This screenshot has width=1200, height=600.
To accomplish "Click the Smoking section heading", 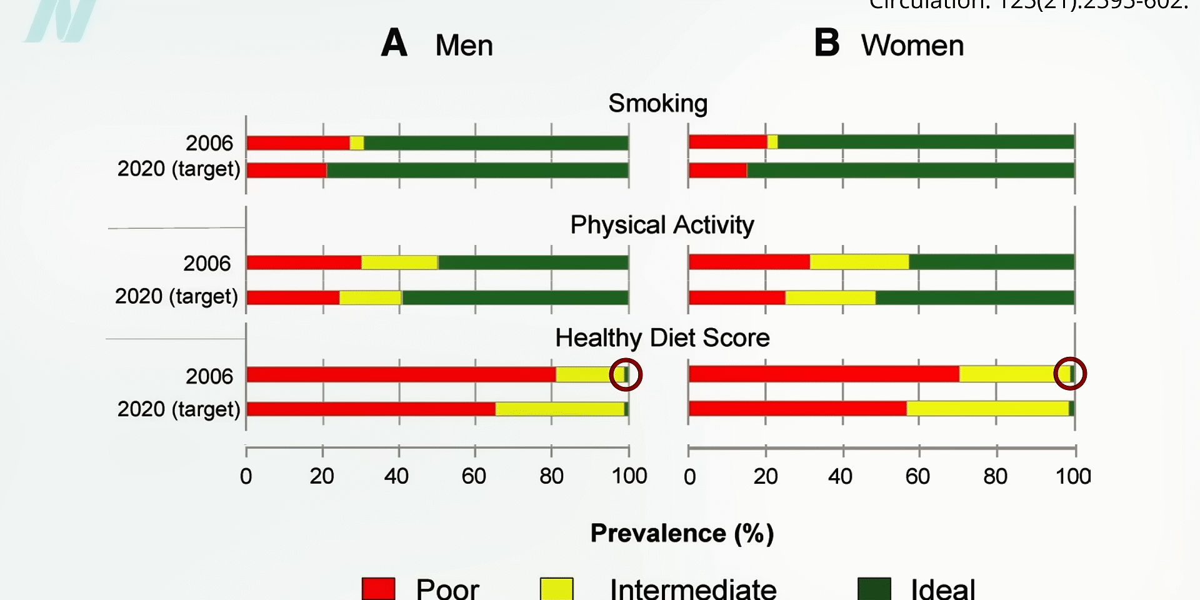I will (657, 103).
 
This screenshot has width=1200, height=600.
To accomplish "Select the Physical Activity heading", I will (662, 225).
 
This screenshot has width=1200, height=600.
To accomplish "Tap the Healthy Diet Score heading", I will (662, 338).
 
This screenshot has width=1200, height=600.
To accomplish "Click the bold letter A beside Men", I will (394, 44).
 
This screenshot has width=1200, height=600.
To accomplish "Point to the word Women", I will (912, 46).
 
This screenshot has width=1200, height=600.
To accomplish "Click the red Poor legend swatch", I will (378, 589).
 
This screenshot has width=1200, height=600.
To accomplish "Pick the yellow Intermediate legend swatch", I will (556, 589).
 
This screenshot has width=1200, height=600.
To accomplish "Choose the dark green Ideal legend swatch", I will (874, 589).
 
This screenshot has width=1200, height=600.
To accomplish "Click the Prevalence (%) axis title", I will (682, 533).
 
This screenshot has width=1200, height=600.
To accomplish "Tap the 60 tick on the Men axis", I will (474, 476).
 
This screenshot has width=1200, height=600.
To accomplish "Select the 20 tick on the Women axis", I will (765, 477).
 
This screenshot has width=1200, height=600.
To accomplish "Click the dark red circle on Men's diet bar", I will (626, 374).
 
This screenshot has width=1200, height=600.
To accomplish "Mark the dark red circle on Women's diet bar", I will (1070, 374).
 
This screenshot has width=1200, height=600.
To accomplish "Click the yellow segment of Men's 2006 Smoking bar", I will (357, 143).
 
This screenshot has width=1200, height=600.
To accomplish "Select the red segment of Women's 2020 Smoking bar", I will (717, 170).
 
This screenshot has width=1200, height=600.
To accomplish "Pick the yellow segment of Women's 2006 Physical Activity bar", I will (859, 262).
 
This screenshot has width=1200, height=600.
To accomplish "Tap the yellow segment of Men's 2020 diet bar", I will (559, 409).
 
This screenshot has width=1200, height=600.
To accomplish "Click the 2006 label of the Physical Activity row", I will (207, 264).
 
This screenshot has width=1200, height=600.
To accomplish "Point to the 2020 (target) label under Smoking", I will (179, 169).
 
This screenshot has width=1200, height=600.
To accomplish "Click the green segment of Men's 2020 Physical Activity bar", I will (514, 297).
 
